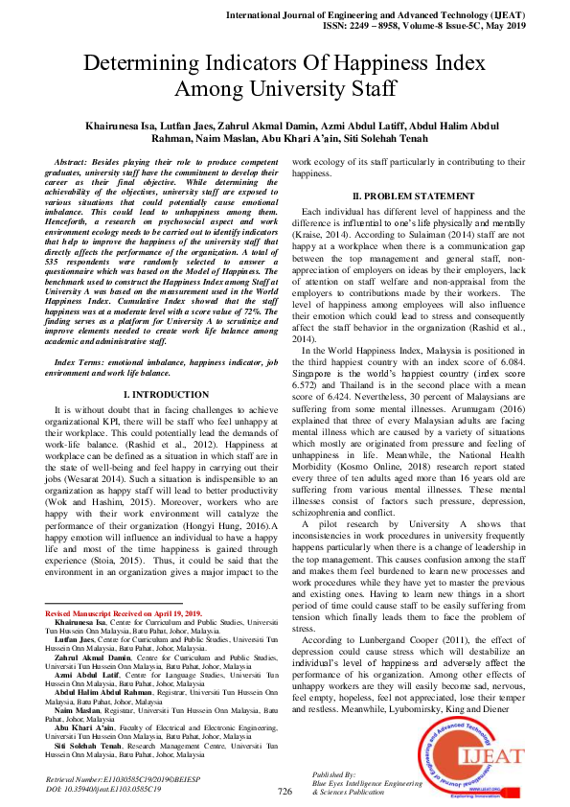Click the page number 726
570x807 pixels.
[x=285, y=791]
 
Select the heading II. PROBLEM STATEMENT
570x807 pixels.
[x=412, y=196]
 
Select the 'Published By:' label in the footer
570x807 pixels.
[x=334, y=772]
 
